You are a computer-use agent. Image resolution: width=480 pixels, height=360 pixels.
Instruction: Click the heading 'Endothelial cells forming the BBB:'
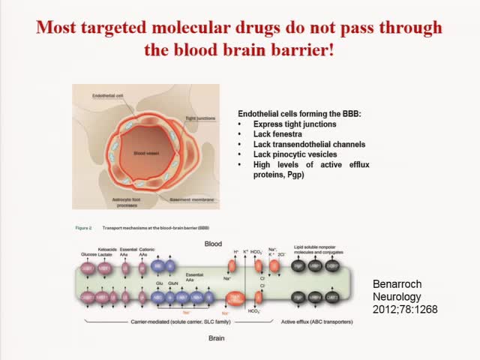point(299,112)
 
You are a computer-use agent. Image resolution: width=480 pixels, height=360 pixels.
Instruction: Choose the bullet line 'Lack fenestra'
point(277,133)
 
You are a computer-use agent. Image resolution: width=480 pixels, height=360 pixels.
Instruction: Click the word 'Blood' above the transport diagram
point(213,244)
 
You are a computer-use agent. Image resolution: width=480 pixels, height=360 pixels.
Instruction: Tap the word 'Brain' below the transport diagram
point(211,337)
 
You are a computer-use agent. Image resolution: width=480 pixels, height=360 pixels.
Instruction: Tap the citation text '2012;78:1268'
point(405,308)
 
